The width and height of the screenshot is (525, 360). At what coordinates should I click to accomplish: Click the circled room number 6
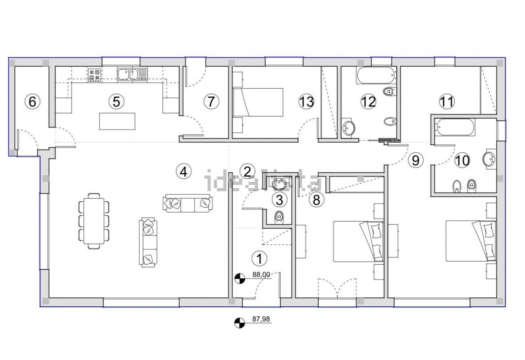point(32,102)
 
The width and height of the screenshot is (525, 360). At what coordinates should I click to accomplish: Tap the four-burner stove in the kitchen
point(94,75)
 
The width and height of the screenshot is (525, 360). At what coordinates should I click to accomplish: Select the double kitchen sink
point(132,74)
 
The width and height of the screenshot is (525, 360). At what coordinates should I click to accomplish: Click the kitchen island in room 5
point(117,121)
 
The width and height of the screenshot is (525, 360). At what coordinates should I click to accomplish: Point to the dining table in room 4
point(94,221)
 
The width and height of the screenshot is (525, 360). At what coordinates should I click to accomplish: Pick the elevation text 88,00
point(261,275)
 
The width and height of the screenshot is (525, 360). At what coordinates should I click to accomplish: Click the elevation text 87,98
point(261,319)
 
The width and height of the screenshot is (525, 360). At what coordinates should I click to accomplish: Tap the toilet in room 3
point(279,217)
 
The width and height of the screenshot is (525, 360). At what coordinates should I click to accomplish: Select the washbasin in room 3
point(279,184)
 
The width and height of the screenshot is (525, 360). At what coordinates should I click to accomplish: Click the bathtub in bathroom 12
point(376,76)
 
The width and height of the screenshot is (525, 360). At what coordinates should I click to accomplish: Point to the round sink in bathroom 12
point(349,128)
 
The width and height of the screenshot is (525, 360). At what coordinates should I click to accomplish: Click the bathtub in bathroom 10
point(455,127)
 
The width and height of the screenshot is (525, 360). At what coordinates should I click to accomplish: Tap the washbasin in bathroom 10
point(489,159)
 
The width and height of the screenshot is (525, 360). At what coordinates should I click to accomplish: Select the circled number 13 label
point(306,102)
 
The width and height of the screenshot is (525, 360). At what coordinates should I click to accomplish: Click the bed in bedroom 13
point(258,102)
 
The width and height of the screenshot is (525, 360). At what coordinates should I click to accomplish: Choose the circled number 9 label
point(415,160)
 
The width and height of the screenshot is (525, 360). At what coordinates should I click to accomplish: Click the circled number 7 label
point(211,102)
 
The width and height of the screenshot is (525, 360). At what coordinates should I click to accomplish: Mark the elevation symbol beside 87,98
point(239,323)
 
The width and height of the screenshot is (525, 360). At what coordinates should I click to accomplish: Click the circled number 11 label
point(447,102)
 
